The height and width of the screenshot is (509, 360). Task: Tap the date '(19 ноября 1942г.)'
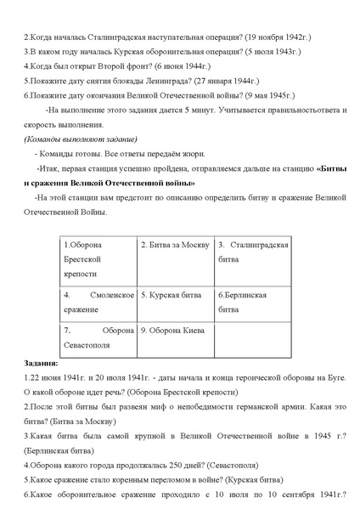(x=278, y=39)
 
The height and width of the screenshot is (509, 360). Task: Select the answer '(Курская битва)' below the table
(x=246, y=479)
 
